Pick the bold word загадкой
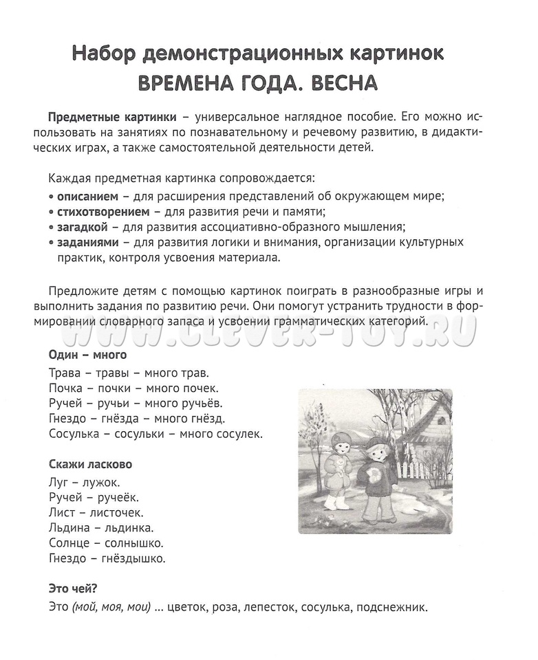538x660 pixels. pyautogui.click(x=79, y=227)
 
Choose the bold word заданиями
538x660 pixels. pyautogui.click(x=84, y=243)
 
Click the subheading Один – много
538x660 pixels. pyautogui.click(x=87, y=356)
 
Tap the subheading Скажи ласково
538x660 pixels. pyautogui.click(x=90, y=463)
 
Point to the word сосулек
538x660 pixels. pyautogui.click(x=237, y=434)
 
